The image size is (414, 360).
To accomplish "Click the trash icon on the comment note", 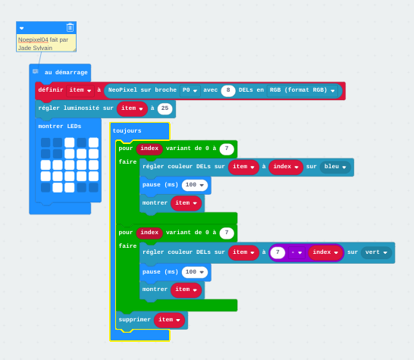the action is pos(70,27).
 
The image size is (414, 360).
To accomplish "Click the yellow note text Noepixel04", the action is pos(33,39).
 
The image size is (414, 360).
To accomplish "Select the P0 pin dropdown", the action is pos(190,90).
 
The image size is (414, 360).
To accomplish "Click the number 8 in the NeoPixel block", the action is pos(228,90).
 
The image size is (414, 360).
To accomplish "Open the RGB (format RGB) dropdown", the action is pos(302,90).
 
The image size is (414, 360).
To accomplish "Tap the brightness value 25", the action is pos(165,108).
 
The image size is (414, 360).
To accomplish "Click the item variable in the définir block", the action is pos(80,90).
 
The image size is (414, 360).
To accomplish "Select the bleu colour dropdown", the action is pos(335,167).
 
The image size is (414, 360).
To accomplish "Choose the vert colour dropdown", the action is pos(376,252).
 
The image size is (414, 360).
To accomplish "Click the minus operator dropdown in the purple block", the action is pos(296,252).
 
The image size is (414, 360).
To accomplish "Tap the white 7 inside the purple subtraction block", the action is pos(278,252).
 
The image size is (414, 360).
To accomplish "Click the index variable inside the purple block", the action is pos(325,252).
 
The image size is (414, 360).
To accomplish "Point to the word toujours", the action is pos(127,131).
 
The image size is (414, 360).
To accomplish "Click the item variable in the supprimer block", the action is pos(169,320).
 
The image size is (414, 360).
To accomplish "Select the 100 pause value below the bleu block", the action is pos(195,185).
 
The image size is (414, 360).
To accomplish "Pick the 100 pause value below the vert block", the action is pos(195,272).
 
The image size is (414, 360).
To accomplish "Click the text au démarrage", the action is pos(66,73).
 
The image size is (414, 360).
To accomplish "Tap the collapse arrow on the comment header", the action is pos(22,28).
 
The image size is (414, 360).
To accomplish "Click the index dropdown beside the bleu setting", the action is pos(286,167).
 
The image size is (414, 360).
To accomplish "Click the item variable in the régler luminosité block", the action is pos(132,108).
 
